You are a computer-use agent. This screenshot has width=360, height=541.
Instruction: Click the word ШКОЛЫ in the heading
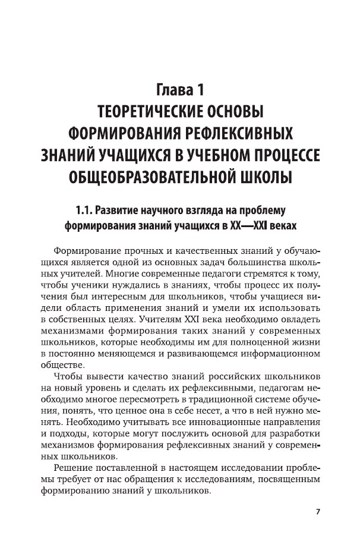coord(264,177)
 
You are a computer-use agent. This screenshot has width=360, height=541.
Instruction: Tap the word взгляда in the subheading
coord(209,210)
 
